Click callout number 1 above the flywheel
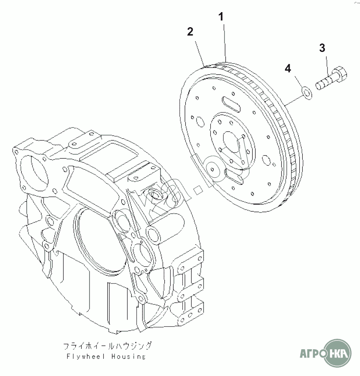(221, 17)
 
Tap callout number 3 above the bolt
(322, 48)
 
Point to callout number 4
(288, 67)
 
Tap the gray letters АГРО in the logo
(311, 350)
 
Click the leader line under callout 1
(224, 42)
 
